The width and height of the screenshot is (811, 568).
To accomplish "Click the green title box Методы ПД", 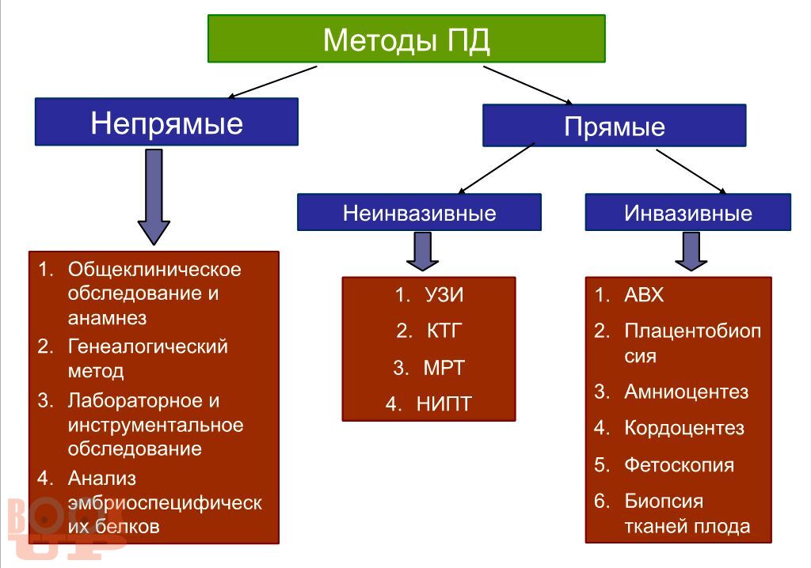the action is tap(406, 39).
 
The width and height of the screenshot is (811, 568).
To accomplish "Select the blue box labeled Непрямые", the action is tap(166, 122).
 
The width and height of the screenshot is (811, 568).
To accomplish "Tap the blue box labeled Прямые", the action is tap(614, 126).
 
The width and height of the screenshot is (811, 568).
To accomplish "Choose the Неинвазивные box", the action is tap(419, 213).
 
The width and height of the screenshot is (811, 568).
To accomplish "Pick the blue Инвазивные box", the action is tap(688, 213).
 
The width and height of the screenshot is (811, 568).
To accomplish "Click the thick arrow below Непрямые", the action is tap(154, 197).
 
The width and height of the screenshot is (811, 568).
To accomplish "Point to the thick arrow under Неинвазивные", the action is tap(423, 252).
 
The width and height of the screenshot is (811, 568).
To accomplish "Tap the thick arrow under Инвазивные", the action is tap(691, 252).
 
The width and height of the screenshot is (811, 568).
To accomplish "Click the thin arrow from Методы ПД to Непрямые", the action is tap(272, 81).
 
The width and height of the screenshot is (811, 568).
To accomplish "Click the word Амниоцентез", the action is tap(687, 392).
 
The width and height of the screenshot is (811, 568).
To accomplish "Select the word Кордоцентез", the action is tap(684, 428).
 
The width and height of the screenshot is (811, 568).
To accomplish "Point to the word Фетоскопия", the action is tap(679, 465).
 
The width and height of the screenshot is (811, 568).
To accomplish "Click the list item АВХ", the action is tap(644, 294).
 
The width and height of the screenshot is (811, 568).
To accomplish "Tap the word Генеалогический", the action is tap(148, 346).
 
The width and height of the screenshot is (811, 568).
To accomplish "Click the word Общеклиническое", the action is tap(154, 269).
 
